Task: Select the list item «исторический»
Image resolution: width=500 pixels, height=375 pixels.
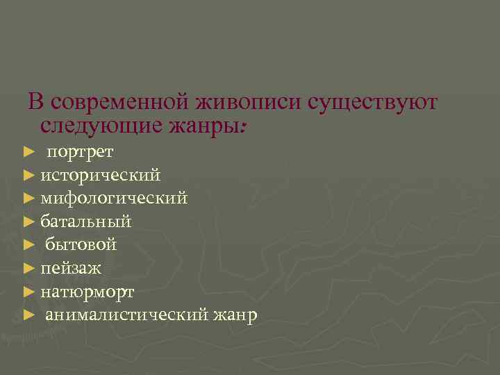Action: (101, 174)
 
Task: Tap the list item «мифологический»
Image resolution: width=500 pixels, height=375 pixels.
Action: (114, 198)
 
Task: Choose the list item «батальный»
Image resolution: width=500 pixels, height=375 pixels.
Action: (85, 222)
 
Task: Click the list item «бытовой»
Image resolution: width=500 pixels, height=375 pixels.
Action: (81, 244)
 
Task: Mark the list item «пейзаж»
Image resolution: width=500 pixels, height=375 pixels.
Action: (71, 268)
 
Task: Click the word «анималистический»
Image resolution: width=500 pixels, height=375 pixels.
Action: (126, 315)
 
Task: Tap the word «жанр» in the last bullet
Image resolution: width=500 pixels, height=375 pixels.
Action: (235, 315)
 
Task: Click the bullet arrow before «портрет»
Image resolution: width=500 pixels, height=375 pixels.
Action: (28, 151)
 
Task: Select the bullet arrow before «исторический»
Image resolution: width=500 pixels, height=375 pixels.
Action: (28, 174)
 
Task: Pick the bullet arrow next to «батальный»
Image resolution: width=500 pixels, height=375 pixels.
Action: (28, 222)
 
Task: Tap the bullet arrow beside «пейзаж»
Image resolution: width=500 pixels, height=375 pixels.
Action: (28, 268)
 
